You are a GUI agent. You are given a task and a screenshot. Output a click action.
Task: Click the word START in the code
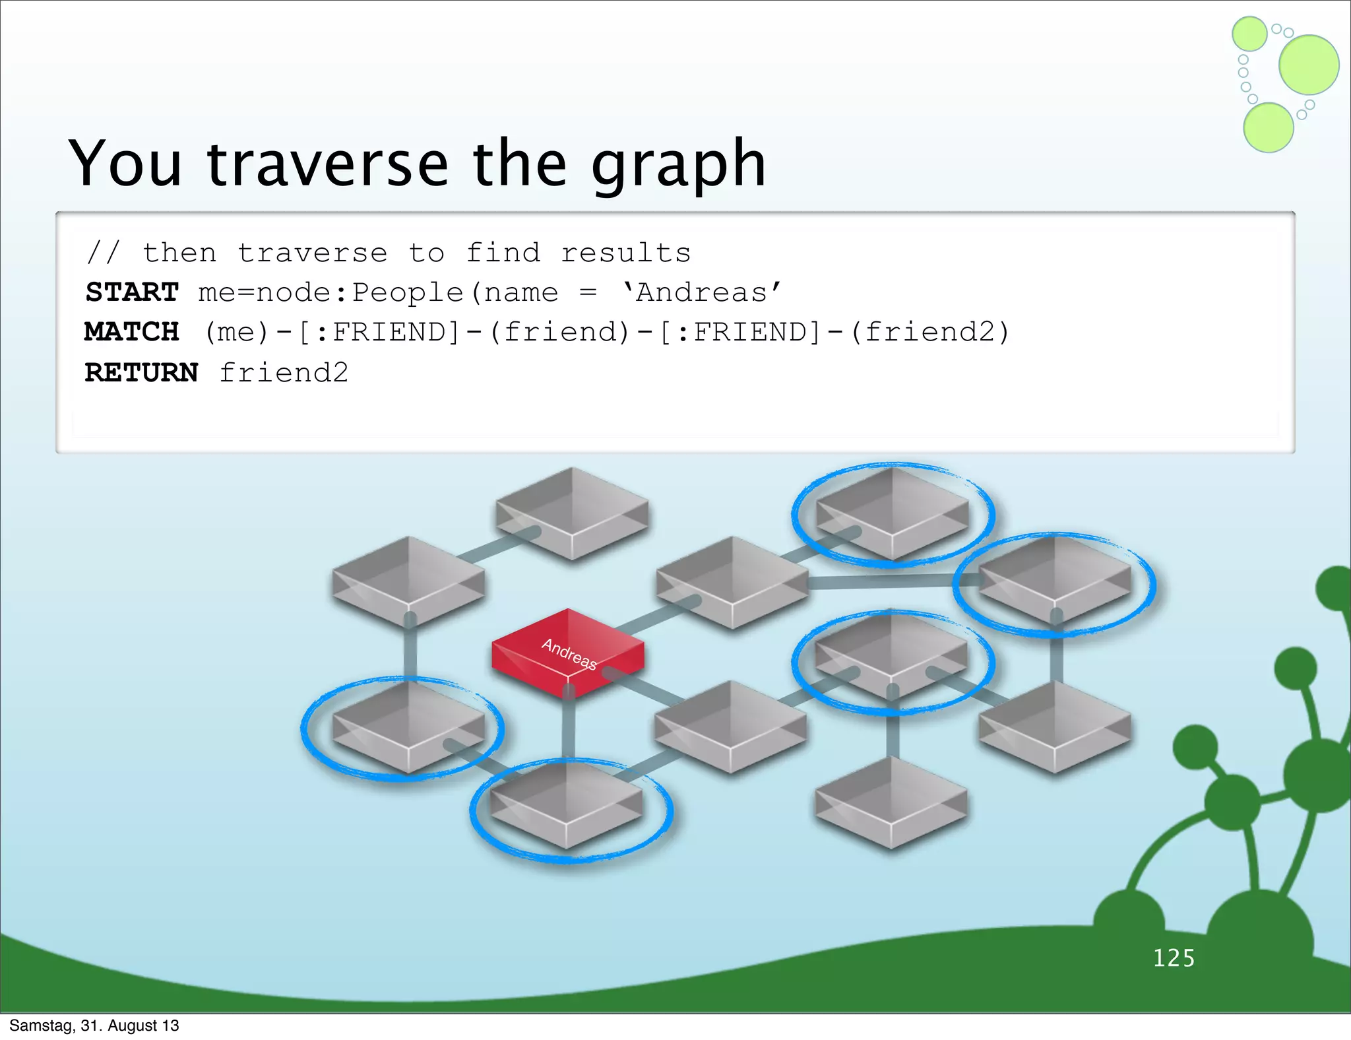132,292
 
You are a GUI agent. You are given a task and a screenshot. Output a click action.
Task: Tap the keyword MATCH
132,332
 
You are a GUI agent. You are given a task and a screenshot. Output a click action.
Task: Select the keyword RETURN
141,373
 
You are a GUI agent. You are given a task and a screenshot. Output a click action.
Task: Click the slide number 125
1174,958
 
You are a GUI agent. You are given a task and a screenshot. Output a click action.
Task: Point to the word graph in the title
678,165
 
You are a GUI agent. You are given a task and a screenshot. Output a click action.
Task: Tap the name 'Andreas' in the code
702,292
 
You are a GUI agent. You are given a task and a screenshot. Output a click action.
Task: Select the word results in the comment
625,253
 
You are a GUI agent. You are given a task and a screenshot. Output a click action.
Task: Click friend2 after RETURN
284,373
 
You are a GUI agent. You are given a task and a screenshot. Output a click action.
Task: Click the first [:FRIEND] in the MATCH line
379,332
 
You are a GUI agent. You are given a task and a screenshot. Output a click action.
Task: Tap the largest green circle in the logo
1309,65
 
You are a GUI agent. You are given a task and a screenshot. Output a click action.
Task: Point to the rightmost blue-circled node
1054,581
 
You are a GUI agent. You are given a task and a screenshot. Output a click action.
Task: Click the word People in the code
407,292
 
